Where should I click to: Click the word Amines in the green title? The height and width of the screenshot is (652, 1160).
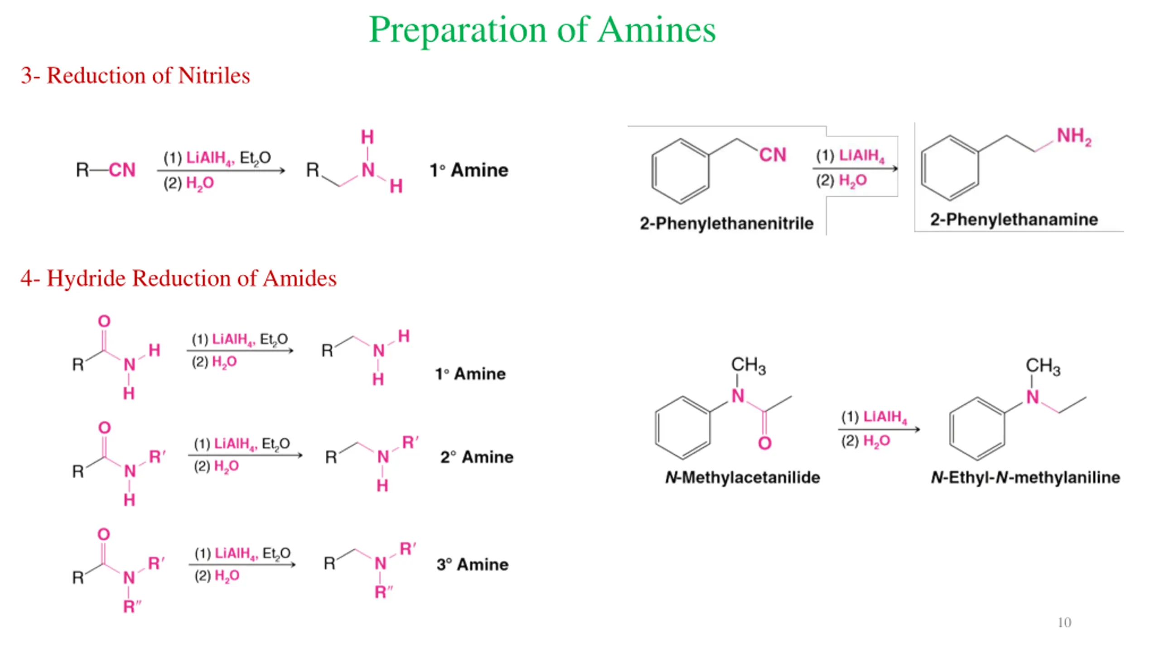pos(657,30)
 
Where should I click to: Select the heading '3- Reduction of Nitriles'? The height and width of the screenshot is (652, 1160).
pos(135,75)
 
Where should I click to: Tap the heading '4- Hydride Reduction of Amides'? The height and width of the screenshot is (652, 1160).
pos(178,278)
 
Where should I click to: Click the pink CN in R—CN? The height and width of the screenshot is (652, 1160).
pos(122,170)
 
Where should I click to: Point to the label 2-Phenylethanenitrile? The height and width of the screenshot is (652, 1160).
pos(726,223)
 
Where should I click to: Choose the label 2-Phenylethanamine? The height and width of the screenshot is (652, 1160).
pos(1014,220)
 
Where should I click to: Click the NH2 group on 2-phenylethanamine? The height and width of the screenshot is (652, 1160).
pos(1074,136)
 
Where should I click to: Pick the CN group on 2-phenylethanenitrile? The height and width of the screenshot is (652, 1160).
pos(773,155)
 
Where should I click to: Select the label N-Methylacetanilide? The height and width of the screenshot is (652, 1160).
pos(742,477)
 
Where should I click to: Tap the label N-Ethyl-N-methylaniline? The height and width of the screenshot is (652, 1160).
pos(1025,477)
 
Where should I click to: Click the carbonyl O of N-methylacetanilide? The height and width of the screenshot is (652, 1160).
pos(765,443)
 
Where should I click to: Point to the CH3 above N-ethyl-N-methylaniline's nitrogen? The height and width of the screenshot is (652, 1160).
pos(1043,366)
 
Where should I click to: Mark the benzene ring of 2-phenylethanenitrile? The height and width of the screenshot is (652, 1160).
pos(680,171)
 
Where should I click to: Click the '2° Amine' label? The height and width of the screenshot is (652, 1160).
pos(477,457)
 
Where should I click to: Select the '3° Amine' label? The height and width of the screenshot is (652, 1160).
pos(472,564)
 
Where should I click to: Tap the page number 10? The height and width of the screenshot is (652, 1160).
pos(1064,623)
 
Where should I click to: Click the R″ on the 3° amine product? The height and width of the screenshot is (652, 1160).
pos(383,592)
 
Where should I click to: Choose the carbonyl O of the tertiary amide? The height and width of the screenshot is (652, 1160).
pos(104,534)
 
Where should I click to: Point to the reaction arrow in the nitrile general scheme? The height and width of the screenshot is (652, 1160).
pos(221,171)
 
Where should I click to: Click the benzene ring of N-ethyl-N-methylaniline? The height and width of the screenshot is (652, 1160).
pos(977,429)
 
